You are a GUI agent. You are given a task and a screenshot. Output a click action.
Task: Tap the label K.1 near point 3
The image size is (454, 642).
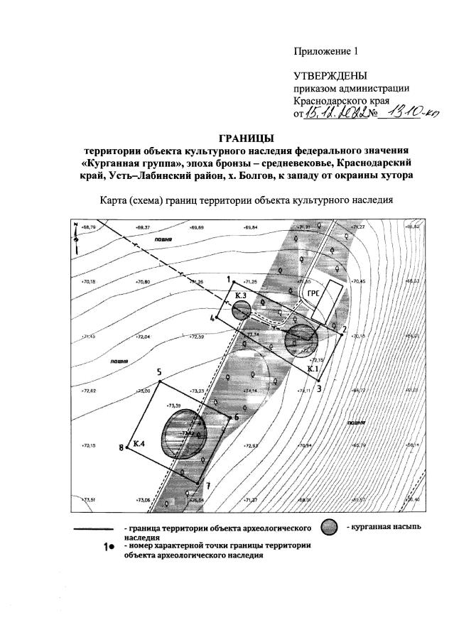coord(313,369)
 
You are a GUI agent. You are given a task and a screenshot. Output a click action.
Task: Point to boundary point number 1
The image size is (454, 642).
coord(229,280)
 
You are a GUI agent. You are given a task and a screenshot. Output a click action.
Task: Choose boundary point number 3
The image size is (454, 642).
coord(320,388)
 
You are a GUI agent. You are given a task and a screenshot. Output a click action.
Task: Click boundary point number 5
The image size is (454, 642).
coord(160,372)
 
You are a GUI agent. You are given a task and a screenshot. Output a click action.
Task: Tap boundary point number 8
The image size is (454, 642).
coord(122,447)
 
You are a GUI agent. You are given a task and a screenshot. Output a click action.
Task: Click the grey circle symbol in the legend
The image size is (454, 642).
coord(328,529)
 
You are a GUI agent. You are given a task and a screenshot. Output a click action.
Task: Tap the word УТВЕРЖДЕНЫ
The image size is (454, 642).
coord(331,75)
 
